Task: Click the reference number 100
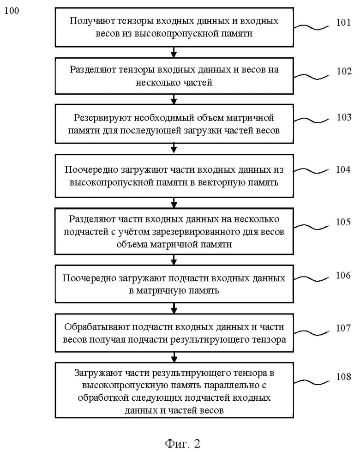tap(12, 11)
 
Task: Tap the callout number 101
tap(343, 23)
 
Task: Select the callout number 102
tap(344, 71)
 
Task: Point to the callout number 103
tap(344, 117)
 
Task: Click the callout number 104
tap(343, 169)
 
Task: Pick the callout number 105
tap(343, 222)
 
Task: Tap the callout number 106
tap(343, 275)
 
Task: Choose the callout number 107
tap(343, 328)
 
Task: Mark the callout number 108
tap(343, 377)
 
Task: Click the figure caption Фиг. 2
tap(182, 443)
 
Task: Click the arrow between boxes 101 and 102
tap(174, 52)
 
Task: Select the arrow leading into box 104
tap(174, 149)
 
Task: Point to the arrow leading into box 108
tap(174, 357)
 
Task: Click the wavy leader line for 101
tap(311, 27)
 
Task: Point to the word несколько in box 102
tap(154, 83)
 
